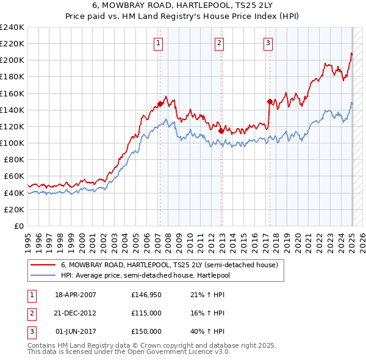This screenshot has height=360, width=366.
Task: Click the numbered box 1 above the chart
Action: pyautogui.click(x=159, y=43)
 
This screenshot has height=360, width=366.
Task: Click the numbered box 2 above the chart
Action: pyautogui.click(x=219, y=43)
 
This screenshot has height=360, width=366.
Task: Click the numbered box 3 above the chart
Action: pyautogui.click(x=268, y=43)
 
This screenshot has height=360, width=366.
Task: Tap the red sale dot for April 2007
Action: pyautogui.click(x=160, y=104)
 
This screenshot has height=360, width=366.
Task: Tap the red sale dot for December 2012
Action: pyautogui.click(x=220, y=130)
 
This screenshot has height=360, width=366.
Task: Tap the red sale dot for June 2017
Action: pyautogui.click(x=269, y=101)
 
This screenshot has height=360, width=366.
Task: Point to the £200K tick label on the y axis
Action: pyautogui.click(x=12, y=60)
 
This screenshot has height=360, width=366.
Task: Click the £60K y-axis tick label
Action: pyautogui.click(x=13, y=176)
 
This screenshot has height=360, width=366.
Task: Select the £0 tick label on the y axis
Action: pyautogui.click(x=18, y=226)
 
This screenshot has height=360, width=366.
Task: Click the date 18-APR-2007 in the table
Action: pyautogui.click(x=76, y=295)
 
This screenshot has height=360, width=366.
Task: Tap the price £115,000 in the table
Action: pyautogui.click(x=146, y=313)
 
